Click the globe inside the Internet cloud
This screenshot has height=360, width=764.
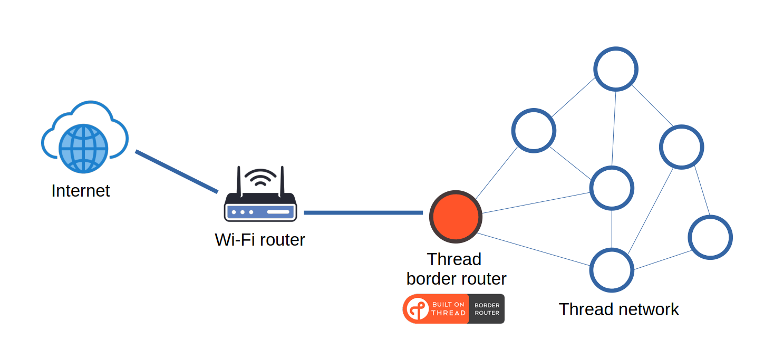[83, 148]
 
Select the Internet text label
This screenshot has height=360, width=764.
[81, 191]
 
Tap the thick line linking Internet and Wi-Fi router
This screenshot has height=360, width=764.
[177, 172]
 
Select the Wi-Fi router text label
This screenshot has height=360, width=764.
[260, 240]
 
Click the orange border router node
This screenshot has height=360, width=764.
[456, 217]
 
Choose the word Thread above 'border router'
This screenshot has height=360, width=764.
[454, 259]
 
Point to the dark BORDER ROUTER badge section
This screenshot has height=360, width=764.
[487, 309]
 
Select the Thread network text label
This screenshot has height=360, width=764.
[618, 309]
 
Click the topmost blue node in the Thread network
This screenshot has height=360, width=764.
[615, 69]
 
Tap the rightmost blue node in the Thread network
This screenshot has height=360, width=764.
[710, 237]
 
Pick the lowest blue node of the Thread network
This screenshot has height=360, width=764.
[611, 270]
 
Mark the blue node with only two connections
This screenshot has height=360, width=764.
[710, 237]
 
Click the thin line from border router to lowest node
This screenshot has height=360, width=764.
[533, 249]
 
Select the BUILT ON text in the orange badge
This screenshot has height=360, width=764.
[448, 304]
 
